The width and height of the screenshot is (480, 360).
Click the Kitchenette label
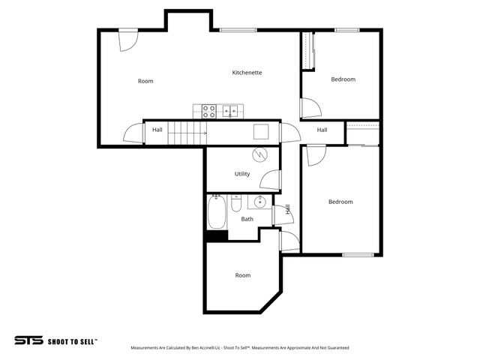[x=247, y=72]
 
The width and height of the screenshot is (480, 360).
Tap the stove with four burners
[x=209, y=112]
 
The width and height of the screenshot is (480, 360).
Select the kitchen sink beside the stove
[x=232, y=112]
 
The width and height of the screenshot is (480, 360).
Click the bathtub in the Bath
[x=217, y=212]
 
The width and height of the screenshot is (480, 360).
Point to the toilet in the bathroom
[x=236, y=204]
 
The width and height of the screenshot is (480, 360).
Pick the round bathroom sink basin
[x=259, y=202]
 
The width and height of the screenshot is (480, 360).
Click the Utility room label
[x=242, y=174]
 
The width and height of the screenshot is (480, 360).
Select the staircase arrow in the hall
[x=187, y=133]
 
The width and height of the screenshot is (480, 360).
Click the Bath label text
[x=247, y=219]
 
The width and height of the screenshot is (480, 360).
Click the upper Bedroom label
[x=343, y=79]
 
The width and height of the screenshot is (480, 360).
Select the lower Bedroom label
[x=340, y=202]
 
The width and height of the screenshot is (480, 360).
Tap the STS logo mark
[x=28, y=340]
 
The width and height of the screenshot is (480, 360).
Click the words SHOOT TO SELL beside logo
[x=72, y=340]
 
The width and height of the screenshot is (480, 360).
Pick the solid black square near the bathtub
[x=217, y=235]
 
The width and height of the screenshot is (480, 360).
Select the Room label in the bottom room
[x=242, y=275]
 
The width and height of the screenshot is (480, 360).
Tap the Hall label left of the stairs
[x=157, y=130]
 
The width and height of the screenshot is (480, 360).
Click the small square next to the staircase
[x=260, y=131]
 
